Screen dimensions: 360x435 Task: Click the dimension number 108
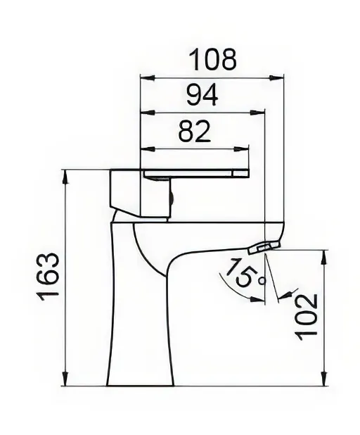[x=212, y=59]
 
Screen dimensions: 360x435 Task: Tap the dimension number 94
[x=202, y=95]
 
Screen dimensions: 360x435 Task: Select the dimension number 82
[x=194, y=131]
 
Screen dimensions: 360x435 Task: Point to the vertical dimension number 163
[x=49, y=277]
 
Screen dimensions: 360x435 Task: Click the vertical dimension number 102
[x=306, y=317]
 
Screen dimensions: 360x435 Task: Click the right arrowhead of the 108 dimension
[x=277, y=77]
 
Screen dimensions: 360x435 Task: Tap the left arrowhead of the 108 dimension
[x=148, y=77]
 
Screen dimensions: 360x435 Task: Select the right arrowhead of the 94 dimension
[x=258, y=113]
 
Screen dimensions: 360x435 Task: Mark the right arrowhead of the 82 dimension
[x=241, y=149]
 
